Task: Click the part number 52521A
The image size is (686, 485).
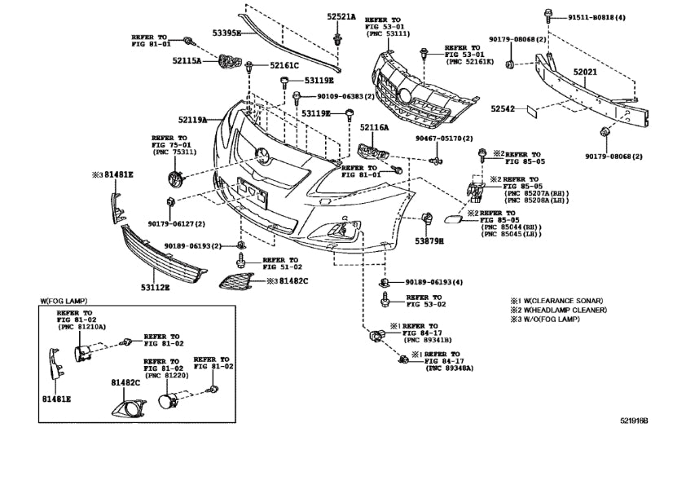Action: click(342, 16)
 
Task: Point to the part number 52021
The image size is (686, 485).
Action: click(585, 73)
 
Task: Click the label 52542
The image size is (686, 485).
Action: click(504, 107)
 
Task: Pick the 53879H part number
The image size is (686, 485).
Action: click(429, 241)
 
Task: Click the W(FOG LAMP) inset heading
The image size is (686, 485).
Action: click(64, 301)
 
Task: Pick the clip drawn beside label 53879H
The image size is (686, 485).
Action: click(426, 218)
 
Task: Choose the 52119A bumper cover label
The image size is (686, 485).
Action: click(192, 119)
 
